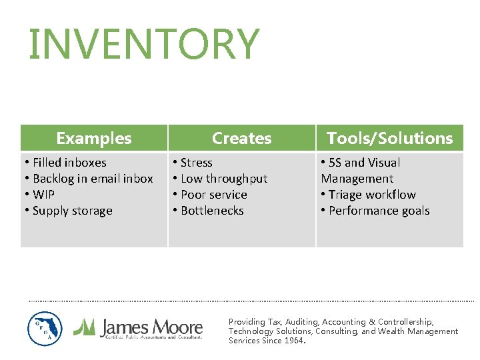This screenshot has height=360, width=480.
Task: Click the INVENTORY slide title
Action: [x=143, y=45]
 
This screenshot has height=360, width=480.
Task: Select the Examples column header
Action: [x=94, y=138]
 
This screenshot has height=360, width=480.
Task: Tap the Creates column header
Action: [x=241, y=138]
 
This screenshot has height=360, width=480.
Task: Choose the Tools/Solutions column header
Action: [x=389, y=138]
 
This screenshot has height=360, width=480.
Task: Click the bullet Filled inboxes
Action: [x=69, y=163]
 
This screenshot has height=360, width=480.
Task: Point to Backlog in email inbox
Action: [x=93, y=179]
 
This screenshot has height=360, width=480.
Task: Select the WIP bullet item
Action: [x=43, y=195]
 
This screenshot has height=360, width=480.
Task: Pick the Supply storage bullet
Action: [x=72, y=211]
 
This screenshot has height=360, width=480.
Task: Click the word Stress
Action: [x=196, y=163]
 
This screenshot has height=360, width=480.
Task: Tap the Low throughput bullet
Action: [x=223, y=179]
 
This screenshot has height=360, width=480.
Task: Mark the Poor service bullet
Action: [x=213, y=195]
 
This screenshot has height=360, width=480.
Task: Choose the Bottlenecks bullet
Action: [x=212, y=211]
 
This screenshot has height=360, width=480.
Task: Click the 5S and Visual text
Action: [x=364, y=163]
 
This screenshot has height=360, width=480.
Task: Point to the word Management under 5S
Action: [x=357, y=179]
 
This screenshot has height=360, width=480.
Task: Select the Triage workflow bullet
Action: [x=372, y=195]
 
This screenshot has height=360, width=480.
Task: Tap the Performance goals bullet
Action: [x=379, y=211]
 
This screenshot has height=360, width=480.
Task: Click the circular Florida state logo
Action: [x=45, y=329]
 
